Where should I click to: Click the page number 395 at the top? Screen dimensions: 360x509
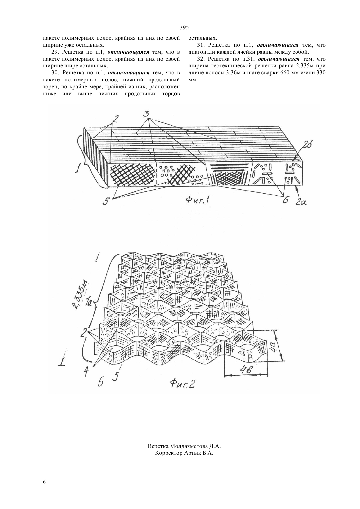pos(184,28)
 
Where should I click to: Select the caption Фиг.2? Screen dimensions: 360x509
pos(183,384)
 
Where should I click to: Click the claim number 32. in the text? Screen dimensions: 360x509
pos(200,59)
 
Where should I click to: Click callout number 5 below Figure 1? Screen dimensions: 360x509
pos(106,201)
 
